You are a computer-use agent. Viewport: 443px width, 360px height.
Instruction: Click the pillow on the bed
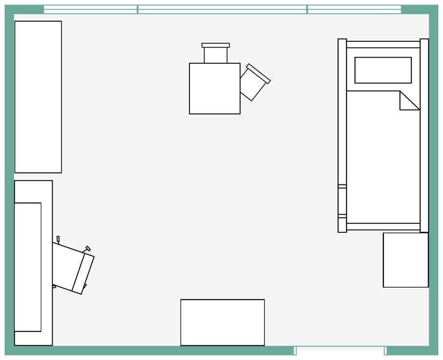383,70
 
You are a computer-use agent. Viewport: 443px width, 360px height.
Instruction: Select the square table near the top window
215,89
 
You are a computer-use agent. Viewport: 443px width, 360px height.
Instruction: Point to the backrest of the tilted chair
259,74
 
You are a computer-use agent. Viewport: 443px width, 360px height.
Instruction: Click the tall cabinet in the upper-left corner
38,97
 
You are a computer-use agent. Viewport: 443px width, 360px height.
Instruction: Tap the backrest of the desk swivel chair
83,273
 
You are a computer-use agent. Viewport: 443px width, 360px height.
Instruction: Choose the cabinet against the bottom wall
222,322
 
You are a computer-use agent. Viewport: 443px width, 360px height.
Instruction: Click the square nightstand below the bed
405,260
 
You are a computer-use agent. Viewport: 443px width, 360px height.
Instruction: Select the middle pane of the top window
222,9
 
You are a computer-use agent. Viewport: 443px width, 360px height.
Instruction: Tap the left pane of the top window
91,9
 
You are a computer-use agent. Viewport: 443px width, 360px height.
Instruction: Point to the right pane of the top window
354,9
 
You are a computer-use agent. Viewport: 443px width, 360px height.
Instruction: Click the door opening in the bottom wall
340,351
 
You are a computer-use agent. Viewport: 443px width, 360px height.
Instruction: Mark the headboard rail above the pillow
383,44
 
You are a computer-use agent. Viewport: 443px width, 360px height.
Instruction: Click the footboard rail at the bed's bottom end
383,227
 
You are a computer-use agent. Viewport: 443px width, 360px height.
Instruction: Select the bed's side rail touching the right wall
424,135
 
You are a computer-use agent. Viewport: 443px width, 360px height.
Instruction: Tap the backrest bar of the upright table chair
216,45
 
